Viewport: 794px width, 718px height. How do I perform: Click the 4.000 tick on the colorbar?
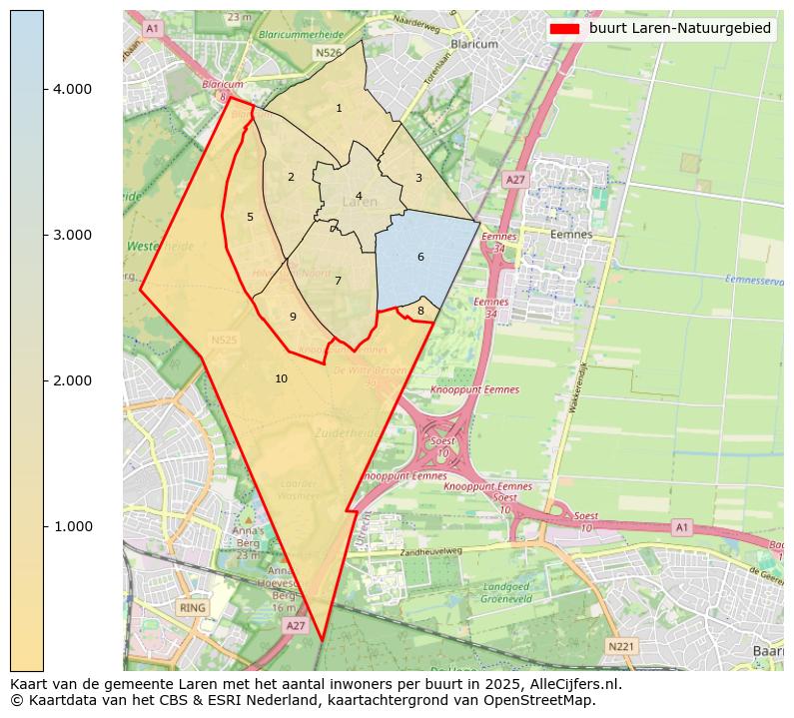tap(44, 89)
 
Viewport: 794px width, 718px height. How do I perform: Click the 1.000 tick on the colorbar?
tap(44, 526)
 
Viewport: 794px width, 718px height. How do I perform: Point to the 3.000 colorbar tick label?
tap(72, 235)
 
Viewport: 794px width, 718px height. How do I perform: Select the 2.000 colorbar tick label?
tap(72, 380)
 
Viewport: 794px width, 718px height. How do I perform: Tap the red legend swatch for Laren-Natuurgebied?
tap(565, 29)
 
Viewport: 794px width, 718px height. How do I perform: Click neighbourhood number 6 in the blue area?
tap(420, 258)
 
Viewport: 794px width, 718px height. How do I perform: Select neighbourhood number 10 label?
tap(282, 378)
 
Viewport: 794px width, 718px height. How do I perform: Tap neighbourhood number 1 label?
tap(339, 108)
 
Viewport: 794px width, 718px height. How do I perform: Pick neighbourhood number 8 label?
tap(420, 312)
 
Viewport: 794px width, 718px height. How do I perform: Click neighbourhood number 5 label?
tap(250, 217)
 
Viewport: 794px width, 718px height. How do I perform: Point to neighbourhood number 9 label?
tap(293, 317)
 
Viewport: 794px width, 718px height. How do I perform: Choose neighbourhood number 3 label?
tap(418, 179)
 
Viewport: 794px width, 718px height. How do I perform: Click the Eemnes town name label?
tap(571, 235)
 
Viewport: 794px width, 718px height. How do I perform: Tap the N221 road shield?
tap(621, 647)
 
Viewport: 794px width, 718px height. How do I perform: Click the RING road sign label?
tap(192, 607)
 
